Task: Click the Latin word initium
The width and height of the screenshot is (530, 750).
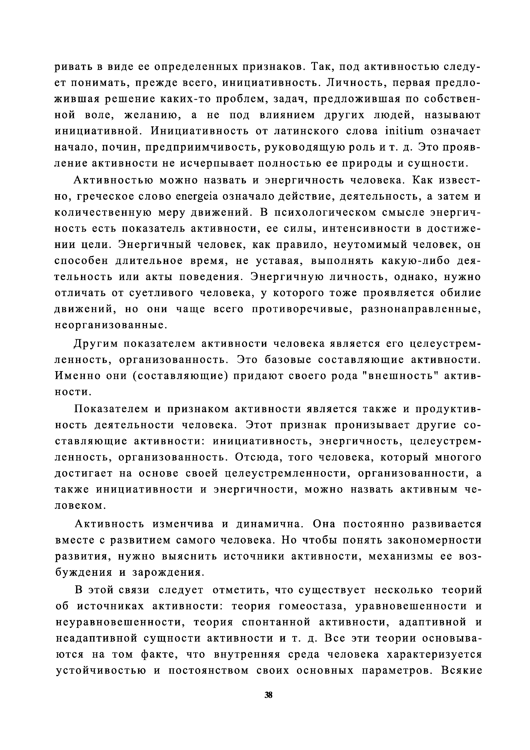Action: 404,131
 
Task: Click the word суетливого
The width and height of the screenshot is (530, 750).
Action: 163,293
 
